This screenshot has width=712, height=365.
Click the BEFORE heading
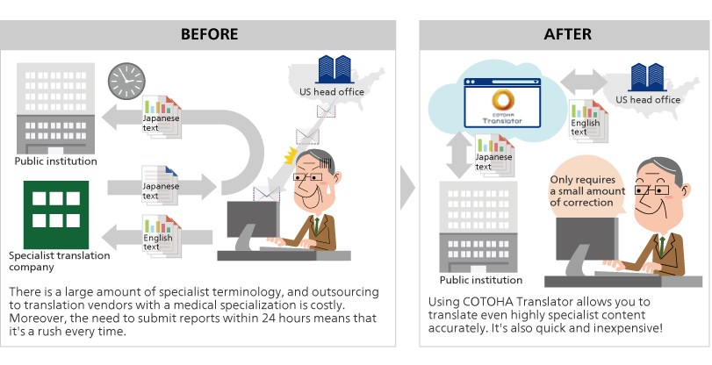(209, 35)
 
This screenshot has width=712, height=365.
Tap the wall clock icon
(126, 82)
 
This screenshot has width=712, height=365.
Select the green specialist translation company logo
(56, 213)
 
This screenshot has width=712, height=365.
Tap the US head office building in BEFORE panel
(333, 69)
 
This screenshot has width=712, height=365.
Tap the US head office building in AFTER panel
(648, 78)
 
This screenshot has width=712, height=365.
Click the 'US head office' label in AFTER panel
(648, 100)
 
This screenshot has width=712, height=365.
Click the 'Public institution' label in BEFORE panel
(56, 161)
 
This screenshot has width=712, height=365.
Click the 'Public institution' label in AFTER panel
(481, 281)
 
